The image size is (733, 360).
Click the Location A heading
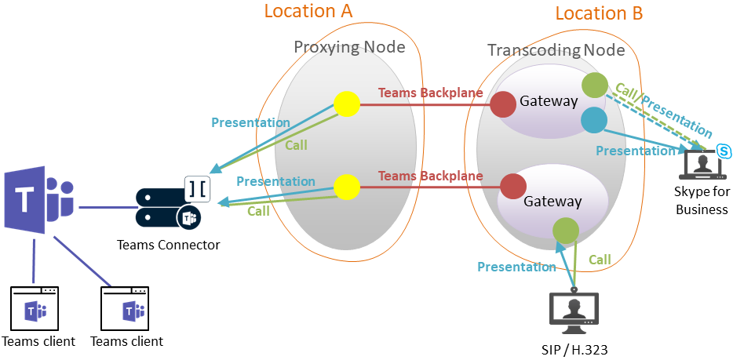click(x=308, y=11)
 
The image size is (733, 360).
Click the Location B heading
click(x=599, y=13)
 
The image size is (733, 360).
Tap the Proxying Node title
click(x=349, y=47)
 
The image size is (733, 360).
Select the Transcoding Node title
click(x=556, y=51)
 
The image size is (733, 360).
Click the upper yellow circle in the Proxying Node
click(x=346, y=104)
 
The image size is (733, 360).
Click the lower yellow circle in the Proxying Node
click(x=346, y=187)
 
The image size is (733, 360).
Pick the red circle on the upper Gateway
click(x=503, y=104)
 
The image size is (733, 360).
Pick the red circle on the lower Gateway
click(x=512, y=187)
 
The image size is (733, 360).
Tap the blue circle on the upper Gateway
click(x=594, y=119)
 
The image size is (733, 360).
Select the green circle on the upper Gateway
click(x=594, y=84)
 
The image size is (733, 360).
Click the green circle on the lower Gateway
click(x=566, y=229)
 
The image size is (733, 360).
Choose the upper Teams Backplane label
click(x=431, y=93)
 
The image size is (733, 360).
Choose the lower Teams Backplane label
click(x=431, y=176)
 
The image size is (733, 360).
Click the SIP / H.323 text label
click(x=575, y=350)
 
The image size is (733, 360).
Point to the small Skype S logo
click(x=724, y=150)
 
